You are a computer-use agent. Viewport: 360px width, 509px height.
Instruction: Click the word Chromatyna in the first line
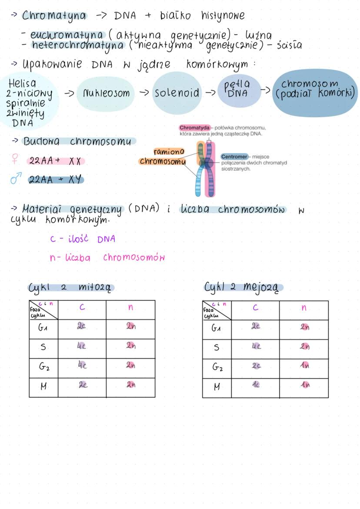(x=54, y=16)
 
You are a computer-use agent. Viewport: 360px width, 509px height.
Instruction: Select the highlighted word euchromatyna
(x=67, y=35)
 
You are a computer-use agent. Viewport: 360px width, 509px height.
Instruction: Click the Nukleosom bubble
(x=106, y=93)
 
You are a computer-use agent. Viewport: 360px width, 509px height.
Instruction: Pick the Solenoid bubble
(x=177, y=93)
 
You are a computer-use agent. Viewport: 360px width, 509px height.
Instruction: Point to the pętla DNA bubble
(x=237, y=90)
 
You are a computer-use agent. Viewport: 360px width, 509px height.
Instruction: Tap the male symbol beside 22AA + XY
(x=16, y=179)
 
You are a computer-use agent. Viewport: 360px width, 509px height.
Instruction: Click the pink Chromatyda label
(x=194, y=128)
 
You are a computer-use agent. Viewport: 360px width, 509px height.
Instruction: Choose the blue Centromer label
(x=234, y=156)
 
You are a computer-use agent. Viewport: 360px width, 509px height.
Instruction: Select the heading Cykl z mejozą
(x=243, y=287)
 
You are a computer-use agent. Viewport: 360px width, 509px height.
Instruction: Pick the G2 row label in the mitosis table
(x=43, y=368)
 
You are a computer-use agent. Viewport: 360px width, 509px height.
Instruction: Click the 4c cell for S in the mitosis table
(x=82, y=347)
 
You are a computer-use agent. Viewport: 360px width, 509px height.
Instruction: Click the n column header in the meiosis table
(x=303, y=308)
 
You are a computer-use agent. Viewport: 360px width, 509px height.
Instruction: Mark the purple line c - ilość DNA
(x=82, y=239)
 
